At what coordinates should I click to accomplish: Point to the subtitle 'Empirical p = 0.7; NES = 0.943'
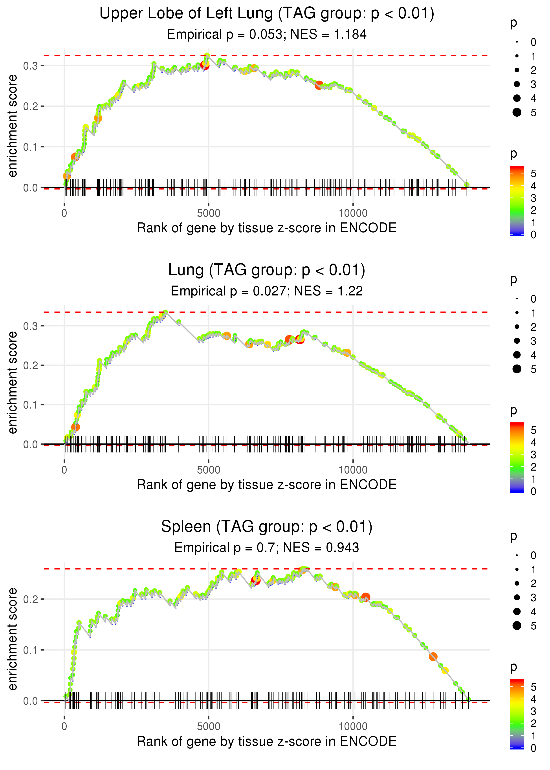267,548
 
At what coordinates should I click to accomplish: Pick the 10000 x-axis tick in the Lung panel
353,470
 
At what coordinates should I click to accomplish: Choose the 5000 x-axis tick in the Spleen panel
208,726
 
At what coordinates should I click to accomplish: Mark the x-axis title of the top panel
267,228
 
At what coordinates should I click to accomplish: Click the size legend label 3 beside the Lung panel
533,341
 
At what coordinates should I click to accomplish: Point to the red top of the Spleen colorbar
517,681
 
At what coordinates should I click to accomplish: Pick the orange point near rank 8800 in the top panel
319,85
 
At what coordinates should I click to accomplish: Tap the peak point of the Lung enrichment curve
165,312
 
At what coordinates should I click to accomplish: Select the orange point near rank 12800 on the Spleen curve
433,656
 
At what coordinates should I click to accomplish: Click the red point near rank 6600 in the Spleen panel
256,580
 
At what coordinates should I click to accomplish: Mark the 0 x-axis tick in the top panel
64,213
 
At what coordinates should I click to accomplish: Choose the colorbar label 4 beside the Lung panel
533,442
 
